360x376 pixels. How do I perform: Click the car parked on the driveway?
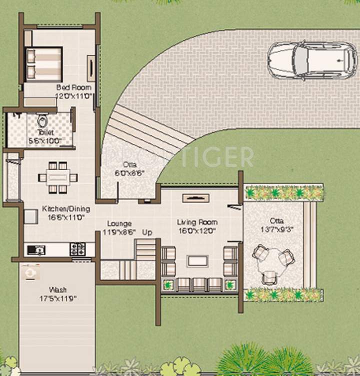(x=308, y=60)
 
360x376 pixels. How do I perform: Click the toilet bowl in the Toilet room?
(x=42, y=121)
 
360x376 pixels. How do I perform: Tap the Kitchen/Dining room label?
(x=62, y=213)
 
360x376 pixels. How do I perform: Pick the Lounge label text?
(x=119, y=228)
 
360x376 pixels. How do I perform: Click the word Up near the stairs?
(x=147, y=233)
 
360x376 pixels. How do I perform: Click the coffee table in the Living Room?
(x=198, y=261)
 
